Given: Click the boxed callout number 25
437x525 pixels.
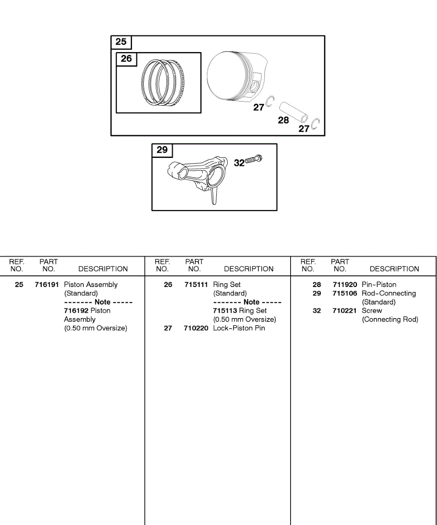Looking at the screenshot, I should [121, 42].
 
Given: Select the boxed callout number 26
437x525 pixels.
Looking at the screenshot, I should [126, 59].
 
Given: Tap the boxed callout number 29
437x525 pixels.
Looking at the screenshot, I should [162, 150].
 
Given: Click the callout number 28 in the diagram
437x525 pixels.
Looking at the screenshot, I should [284, 120].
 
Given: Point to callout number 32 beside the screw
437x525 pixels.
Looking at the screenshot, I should [239, 163].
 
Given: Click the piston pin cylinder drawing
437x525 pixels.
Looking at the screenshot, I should [293, 111].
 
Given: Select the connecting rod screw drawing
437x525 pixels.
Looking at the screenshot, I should [254, 159].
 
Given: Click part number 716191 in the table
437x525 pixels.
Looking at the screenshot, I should [47, 285].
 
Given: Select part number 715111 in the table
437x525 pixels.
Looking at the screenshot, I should [196, 285].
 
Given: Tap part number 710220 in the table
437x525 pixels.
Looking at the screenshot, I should [196, 329].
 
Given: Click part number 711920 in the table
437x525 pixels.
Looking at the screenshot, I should [344, 285].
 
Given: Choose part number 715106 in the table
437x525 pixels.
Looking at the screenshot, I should [344, 294].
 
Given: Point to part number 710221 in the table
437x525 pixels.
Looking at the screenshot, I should [344, 311].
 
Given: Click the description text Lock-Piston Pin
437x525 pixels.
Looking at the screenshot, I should [239, 329].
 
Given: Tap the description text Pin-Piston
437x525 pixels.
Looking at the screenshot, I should [379, 285].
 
